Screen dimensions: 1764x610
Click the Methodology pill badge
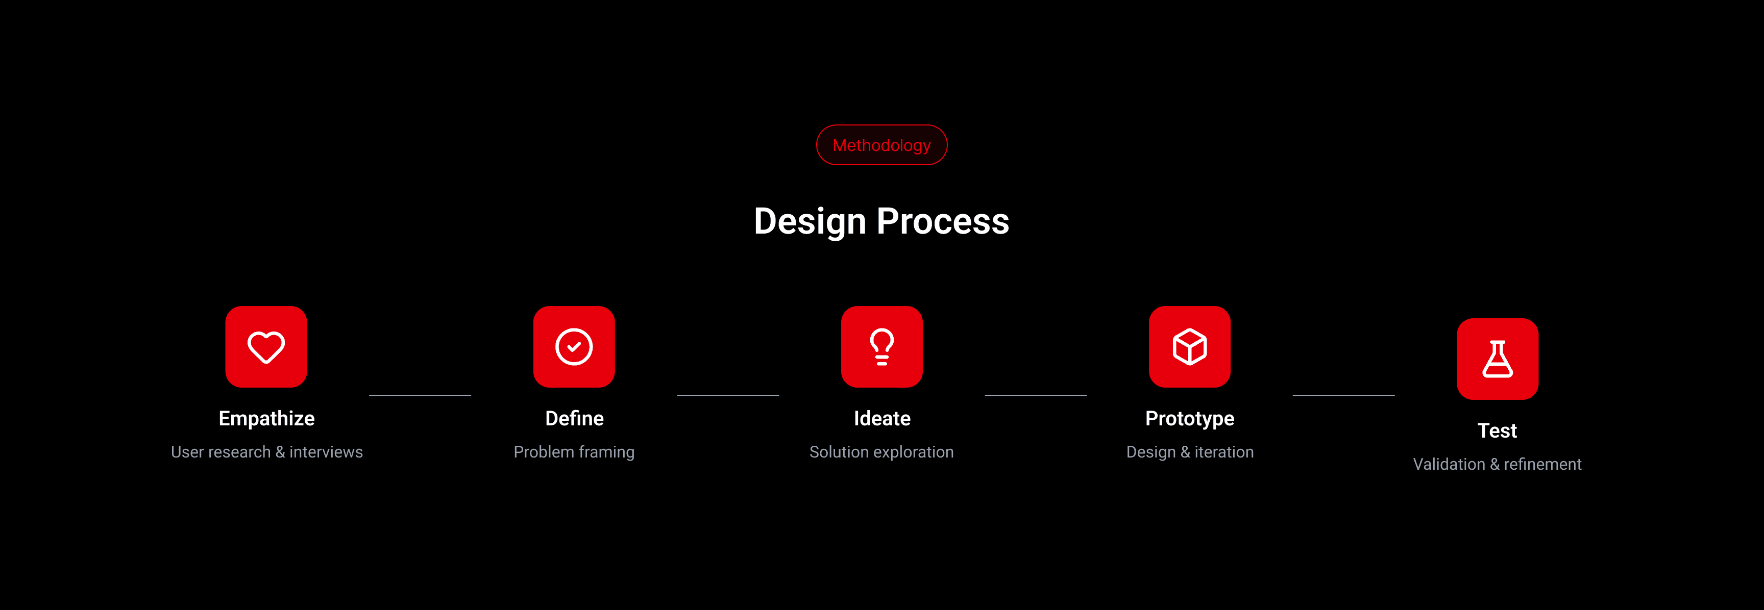[x=881, y=145]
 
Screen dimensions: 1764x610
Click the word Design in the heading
[x=810, y=222]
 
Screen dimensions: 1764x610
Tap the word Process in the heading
[x=943, y=221]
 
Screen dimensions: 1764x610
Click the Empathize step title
[x=266, y=418]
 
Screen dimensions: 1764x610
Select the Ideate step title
[x=882, y=418]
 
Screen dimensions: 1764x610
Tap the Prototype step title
[x=1189, y=418]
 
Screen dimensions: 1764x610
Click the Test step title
[x=1498, y=430]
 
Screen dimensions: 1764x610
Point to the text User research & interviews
[x=266, y=452]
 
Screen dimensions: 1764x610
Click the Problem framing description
[x=574, y=452]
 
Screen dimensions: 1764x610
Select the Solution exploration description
[x=881, y=452]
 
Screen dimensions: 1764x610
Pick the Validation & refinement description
[x=1498, y=464]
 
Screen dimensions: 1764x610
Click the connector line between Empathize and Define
[x=420, y=395]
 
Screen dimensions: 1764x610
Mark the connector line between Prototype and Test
[x=1343, y=395]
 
